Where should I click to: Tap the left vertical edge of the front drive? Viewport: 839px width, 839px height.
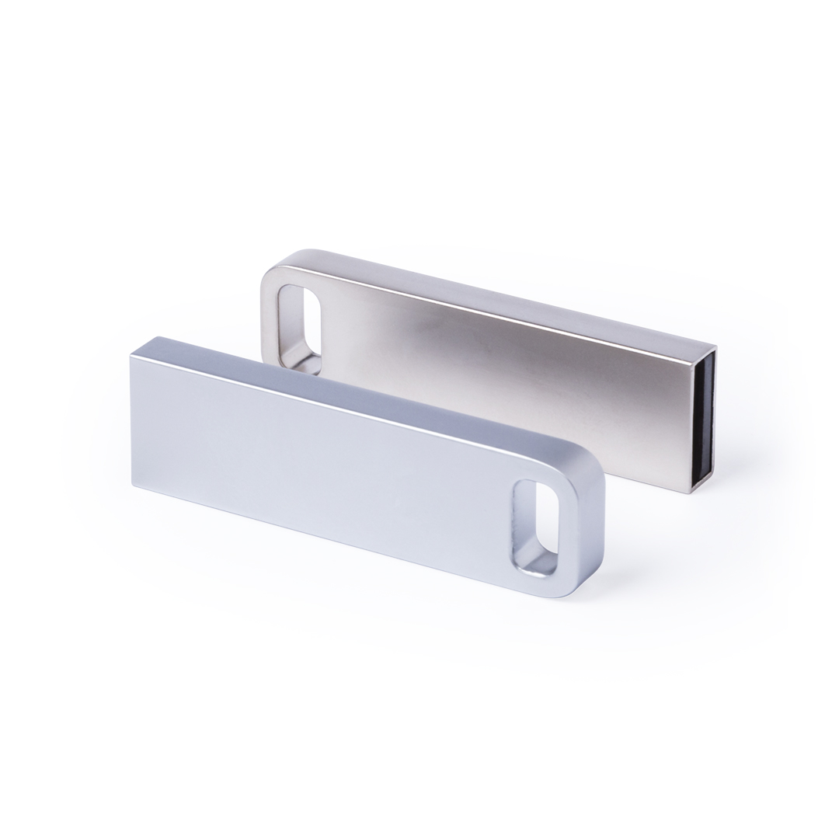point(132,419)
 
